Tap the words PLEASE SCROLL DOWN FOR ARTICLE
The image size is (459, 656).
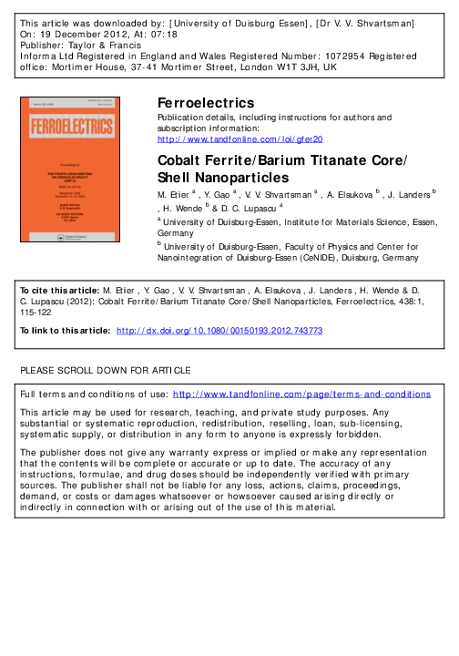click(106, 371)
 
